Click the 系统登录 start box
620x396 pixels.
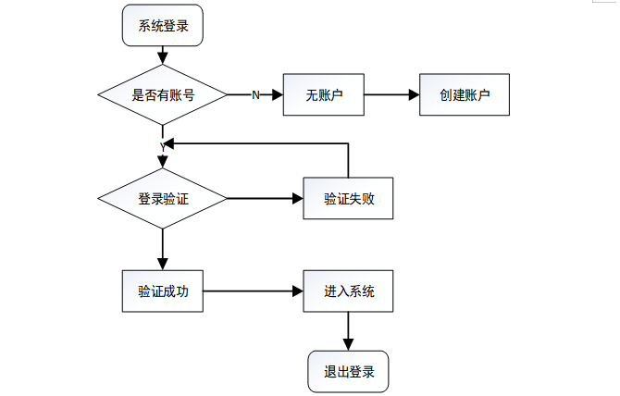coord(163,26)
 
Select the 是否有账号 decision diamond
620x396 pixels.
coord(163,94)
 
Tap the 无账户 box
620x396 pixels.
coord(323,94)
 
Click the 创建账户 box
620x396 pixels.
coord(465,94)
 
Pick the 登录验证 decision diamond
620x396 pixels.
coord(163,198)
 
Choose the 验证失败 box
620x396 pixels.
coord(348,198)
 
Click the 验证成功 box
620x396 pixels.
coord(163,291)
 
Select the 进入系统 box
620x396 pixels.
coord(348,291)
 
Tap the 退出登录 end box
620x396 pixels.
coord(348,372)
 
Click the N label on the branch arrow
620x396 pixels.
coord(255,95)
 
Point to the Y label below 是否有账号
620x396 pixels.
coord(162,146)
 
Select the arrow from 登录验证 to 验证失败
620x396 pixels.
coord(265,198)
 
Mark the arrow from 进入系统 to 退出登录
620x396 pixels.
coord(348,331)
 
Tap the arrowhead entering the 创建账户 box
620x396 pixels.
coord(413,94)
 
